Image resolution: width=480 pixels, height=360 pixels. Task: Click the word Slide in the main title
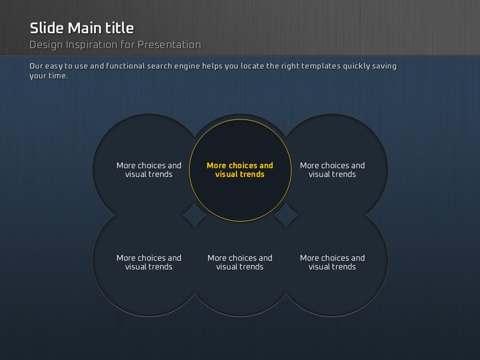(47, 28)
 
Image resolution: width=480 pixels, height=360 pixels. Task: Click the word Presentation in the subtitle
(169, 44)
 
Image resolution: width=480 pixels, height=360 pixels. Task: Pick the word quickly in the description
(356, 66)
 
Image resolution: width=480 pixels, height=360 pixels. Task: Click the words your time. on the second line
(48, 76)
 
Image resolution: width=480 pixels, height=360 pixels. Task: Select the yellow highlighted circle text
(239, 170)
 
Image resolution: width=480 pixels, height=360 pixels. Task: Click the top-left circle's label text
(149, 170)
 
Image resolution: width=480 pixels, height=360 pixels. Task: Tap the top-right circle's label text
(332, 170)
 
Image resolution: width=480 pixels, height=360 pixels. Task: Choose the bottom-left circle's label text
(149, 262)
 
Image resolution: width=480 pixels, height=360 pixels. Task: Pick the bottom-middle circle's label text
(239, 262)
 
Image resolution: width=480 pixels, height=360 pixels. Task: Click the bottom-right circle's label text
(332, 262)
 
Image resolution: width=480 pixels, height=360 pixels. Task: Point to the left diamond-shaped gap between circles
(194, 215)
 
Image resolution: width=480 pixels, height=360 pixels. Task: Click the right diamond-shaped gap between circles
(286, 215)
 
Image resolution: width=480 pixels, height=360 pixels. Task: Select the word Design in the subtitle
(46, 45)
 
